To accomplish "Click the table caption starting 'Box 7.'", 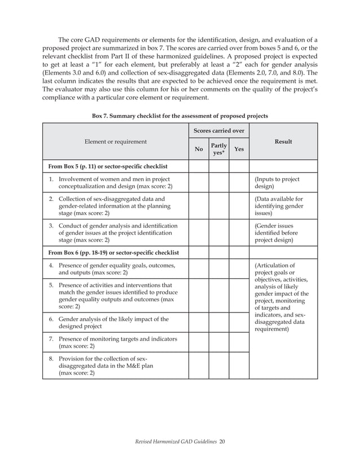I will tap(179, 116).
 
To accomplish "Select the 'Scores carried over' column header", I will tap(218, 131).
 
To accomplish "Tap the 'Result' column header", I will tap(283, 142).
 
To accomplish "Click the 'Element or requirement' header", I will tap(115, 142).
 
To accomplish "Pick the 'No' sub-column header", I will tap(199, 150).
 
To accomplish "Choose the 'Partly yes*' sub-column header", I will tap(218, 150).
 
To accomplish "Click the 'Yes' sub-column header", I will tap(239, 150).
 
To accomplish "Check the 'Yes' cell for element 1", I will tap(239, 183).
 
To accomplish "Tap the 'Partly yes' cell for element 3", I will tap(218, 233).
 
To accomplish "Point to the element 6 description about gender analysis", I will tap(113, 323).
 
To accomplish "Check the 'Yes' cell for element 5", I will tap(239, 296).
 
